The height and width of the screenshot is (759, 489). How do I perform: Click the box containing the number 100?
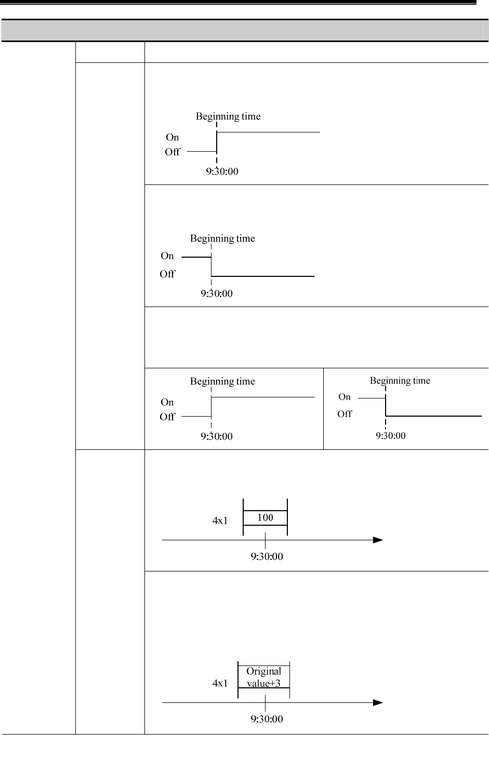[x=265, y=517]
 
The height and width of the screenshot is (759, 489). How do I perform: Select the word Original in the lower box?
[x=264, y=671]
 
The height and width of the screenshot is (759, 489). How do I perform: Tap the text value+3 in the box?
[x=263, y=683]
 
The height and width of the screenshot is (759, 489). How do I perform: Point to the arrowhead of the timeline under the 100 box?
[x=378, y=540]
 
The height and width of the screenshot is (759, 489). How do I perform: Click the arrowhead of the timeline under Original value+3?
[x=378, y=702]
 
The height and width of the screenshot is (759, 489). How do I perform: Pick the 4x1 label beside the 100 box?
[x=220, y=521]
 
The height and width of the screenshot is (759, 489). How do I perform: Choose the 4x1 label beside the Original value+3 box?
[x=220, y=683]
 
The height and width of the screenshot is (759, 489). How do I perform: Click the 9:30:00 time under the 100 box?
[x=267, y=556]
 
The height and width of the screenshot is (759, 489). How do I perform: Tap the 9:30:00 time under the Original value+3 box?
[x=267, y=719]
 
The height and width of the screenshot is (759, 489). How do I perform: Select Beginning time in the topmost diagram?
[x=228, y=116]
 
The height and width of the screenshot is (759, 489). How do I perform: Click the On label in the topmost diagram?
[x=173, y=137]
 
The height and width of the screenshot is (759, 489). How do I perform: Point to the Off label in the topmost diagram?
[x=173, y=152]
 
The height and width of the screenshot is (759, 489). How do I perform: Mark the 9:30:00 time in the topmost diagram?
[x=222, y=171]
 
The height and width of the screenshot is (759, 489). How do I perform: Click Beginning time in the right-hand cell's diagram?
[x=400, y=381]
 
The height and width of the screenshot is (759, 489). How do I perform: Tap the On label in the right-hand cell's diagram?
[x=345, y=397]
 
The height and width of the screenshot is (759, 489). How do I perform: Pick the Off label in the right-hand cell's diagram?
[x=345, y=414]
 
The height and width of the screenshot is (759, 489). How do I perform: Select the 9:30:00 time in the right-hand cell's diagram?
[x=391, y=436]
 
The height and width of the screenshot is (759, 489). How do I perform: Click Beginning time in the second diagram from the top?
[x=222, y=238]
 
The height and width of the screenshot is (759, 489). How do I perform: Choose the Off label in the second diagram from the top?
[x=167, y=274]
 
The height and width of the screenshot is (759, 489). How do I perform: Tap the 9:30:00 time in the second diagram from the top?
[x=217, y=294]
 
